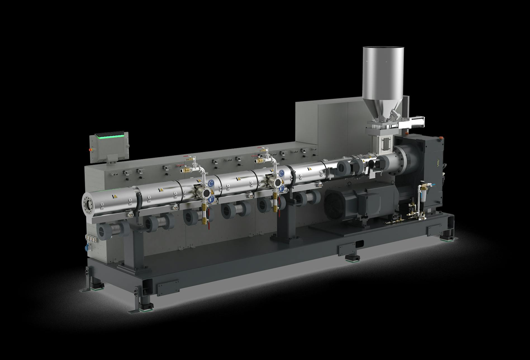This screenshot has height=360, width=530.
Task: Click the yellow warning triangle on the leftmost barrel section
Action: [114, 197]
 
